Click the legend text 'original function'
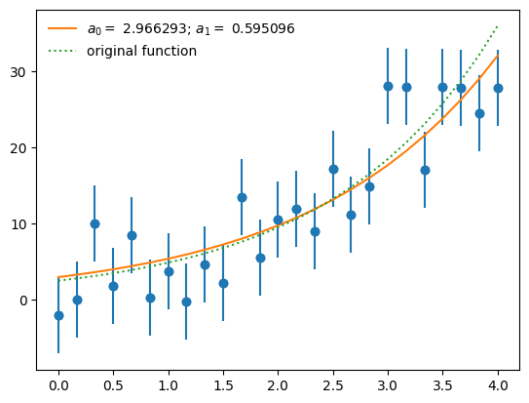point(142,51)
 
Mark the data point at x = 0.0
point(58,315)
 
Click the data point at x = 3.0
point(388,86)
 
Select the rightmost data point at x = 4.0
point(498,88)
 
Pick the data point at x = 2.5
point(333,169)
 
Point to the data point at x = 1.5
point(223,283)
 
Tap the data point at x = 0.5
point(113,286)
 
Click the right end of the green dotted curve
point(498,26)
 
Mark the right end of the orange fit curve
point(498,56)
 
